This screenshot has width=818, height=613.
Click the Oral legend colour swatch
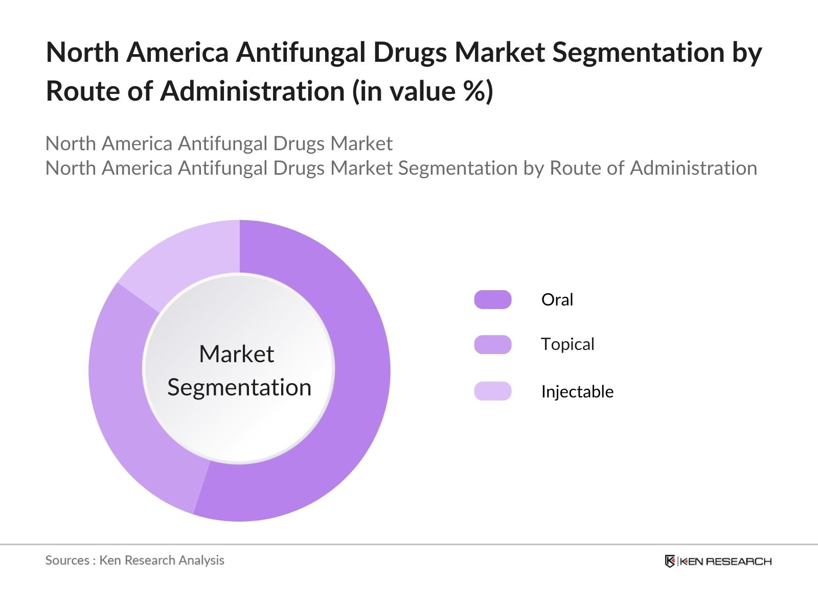click(x=492, y=299)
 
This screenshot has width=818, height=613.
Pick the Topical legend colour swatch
click(x=492, y=344)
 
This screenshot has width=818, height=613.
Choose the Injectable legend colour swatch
click(x=492, y=391)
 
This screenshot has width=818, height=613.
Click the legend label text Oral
click(x=557, y=299)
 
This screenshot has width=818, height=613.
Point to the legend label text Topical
click(x=567, y=344)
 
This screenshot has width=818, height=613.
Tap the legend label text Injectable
click(x=577, y=391)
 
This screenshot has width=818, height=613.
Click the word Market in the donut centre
click(x=236, y=354)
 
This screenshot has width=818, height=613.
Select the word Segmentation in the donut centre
click(x=239, y=387)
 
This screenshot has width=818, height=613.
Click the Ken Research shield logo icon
click(x=670, y=561)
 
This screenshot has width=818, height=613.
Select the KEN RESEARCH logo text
click(x=725, y=561)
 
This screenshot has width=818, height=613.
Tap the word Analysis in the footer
click(x=201, y=560)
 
